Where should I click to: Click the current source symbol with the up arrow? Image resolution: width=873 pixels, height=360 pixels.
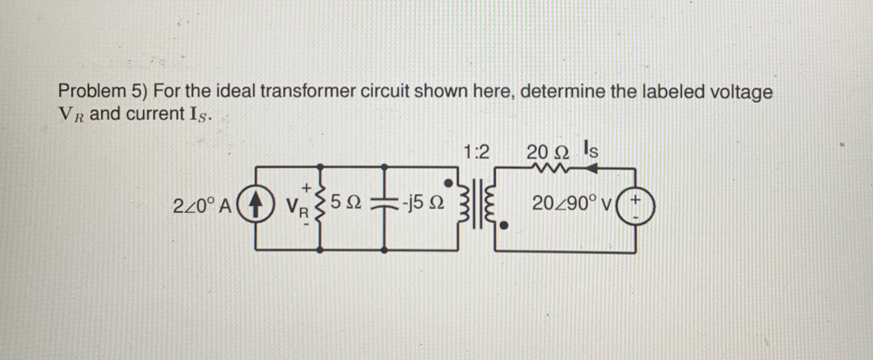coord(255,207)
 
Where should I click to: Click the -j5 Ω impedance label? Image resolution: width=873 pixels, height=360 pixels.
coord(423,203)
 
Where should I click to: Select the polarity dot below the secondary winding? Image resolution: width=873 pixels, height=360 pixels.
coord(504,225)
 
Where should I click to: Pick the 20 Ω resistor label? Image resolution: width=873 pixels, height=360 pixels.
coord(548,153)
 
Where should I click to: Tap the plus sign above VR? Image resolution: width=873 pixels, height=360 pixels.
coord(306,187)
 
